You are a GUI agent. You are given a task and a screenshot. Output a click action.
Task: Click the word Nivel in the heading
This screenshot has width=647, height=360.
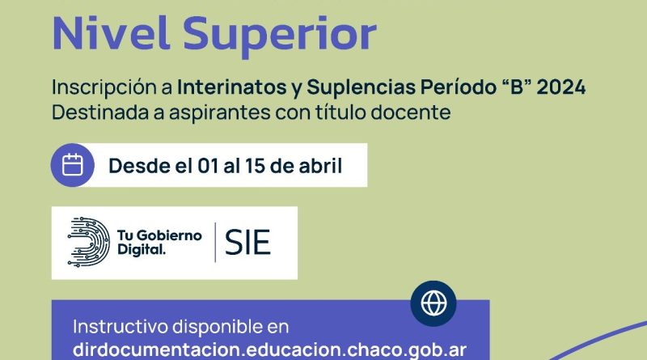point(111,33)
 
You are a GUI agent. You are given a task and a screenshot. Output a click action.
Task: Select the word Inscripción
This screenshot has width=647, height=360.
point(112,88)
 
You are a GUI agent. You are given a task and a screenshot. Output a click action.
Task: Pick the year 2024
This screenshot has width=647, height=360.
point(561,87)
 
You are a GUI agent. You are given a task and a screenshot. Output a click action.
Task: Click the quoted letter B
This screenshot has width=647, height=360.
point(515,87)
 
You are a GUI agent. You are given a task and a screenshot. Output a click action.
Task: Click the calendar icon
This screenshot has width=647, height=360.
point(73,165)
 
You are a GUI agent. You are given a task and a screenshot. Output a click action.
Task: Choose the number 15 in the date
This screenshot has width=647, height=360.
point(255,166)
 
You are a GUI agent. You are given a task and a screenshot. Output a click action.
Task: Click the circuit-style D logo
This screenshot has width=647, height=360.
point(88,242)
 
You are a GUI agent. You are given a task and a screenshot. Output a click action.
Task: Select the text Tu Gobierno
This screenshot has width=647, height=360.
point(159,235)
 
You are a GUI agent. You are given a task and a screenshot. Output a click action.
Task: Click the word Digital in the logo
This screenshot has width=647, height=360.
point(141,249)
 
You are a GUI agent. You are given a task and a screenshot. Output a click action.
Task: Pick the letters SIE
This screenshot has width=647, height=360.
point(247,243)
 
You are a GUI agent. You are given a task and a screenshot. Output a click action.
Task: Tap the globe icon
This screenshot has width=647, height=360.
point(433,303)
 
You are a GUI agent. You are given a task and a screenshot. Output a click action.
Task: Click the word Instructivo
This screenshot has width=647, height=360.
point(120,327)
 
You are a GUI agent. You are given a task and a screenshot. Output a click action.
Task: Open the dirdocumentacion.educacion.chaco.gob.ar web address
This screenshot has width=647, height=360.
point(269,350)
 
